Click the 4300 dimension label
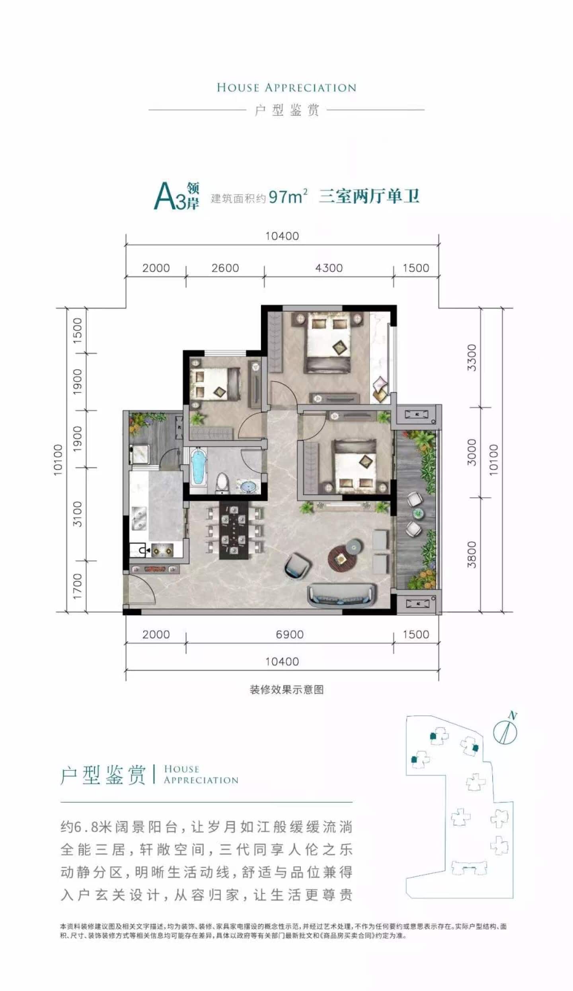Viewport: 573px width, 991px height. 329,268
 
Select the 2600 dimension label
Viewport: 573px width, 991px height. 225,268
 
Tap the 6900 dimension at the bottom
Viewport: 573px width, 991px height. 289,634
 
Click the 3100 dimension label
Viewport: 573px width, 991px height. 77,514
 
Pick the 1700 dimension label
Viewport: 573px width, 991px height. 77,586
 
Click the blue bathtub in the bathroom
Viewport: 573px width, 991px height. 198,467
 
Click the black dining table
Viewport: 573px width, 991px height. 234,530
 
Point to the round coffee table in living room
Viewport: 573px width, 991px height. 341,558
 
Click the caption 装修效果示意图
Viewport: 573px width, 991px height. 286,690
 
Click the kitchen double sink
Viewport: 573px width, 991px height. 139,519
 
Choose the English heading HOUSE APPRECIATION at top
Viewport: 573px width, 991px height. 286,88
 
